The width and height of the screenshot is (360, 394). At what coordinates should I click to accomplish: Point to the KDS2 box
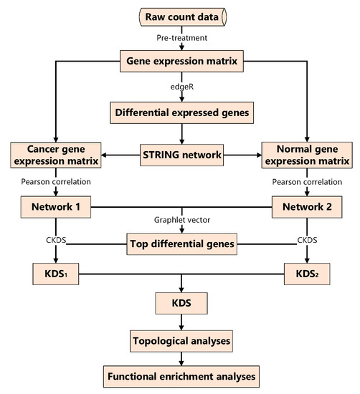point(306,274)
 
